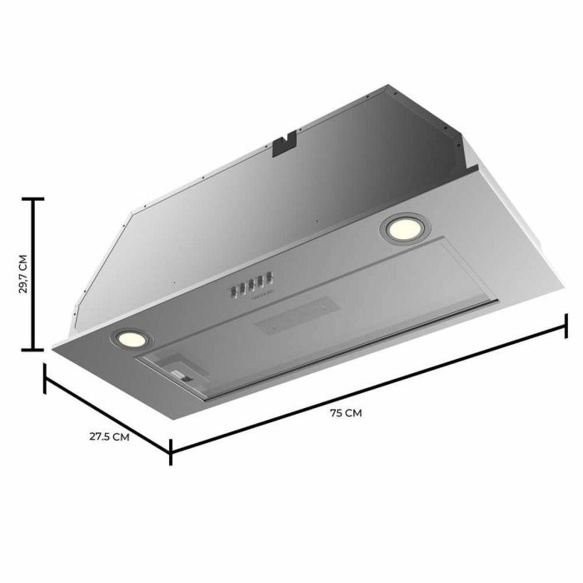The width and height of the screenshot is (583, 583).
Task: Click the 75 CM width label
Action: coord(351,412)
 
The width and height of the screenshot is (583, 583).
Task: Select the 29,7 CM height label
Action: coord(22,275)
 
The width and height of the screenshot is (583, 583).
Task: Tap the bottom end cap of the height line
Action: coord(32,351)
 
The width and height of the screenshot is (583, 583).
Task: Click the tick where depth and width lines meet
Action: coord(172,450)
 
